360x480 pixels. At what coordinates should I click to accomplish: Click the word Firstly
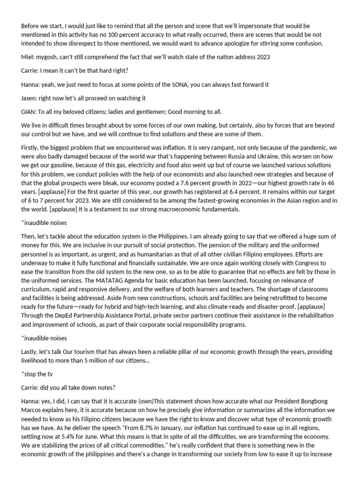point(31,148)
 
